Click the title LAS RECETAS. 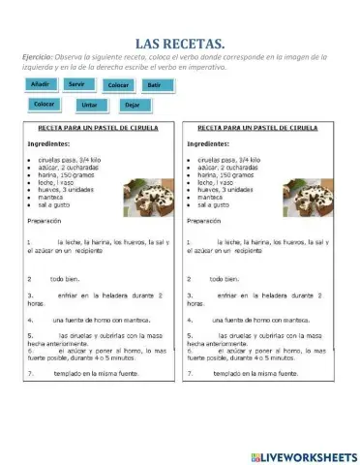coord(180,43)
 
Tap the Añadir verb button coord(41,85)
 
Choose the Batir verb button coord(155,85)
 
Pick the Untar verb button coord(89,105)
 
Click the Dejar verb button coord(132,105)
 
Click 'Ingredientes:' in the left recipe coord(48,144)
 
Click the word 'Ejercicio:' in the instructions coord(38,57)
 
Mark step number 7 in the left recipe coord(30,372)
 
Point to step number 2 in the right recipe coord(190,277)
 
